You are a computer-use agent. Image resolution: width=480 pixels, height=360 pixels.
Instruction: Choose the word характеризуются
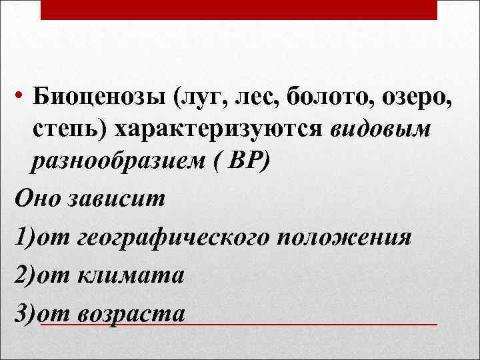tap(221, 131)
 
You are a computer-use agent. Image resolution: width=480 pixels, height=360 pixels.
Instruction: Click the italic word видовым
tap(381, 131)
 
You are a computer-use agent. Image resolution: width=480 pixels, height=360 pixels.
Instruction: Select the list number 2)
tap(25, 274)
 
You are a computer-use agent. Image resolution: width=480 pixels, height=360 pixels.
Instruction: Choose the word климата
tap(131, 274)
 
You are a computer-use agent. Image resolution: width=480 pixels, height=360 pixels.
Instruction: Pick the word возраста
tap(132, 312)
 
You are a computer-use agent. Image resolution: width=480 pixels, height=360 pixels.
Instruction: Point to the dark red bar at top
tap(239, 9)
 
